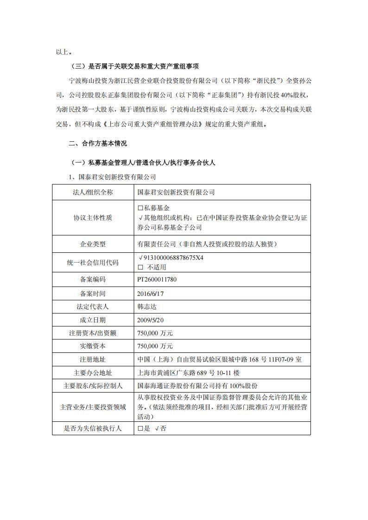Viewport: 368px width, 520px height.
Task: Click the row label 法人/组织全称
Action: coord(93,192)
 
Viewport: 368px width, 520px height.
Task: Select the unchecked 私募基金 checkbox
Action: coord(140,209)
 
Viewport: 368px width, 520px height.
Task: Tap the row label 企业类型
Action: coord(93,244)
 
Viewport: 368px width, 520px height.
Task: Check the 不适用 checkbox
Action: coord(140,267)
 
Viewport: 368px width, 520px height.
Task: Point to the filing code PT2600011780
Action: coord(157,280)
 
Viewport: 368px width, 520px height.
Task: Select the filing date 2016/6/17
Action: coord(151,294)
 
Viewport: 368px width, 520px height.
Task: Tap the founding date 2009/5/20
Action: coord(151,320)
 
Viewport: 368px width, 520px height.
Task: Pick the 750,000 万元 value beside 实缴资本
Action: coord(155,346)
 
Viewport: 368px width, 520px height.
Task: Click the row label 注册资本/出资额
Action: coord(93,333)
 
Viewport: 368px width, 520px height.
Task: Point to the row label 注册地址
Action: coord(93,359)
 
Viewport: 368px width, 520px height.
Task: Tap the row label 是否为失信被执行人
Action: coord(93,428)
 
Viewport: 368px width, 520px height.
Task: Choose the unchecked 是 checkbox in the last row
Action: coord(140,429)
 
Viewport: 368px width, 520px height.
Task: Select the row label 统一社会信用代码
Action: coord(93,262)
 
